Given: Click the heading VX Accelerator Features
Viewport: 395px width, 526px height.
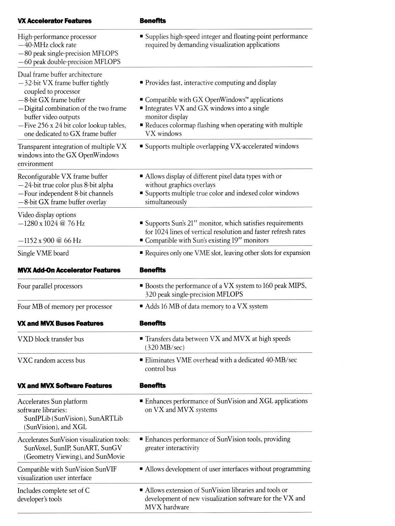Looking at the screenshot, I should [54, 21].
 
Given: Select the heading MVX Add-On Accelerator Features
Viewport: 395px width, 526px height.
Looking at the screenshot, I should [69, 270].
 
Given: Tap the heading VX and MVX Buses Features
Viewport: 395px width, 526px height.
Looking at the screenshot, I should [60, 323].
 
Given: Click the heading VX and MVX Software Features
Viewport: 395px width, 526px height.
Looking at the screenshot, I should [64, 386].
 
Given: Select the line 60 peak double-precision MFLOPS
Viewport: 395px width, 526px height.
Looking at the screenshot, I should [69, 62].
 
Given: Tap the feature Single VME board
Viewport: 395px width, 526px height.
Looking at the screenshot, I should [43, 253].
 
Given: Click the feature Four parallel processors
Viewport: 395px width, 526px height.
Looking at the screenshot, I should [50, 286].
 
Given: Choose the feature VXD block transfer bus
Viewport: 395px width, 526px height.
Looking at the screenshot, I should [51, 339].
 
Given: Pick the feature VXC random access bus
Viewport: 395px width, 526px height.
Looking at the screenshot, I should [51, 361].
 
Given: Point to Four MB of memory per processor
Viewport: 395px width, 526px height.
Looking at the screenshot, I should [65, 307].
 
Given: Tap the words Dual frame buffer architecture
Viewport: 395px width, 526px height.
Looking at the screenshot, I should [60, 75].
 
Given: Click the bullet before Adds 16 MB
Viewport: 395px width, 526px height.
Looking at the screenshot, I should [141, 307].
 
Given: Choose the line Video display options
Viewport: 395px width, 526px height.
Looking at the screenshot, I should [47, 215].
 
